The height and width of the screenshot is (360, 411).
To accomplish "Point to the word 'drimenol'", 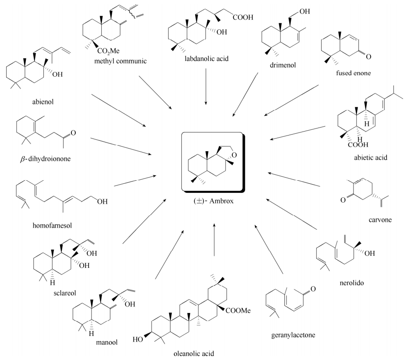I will [x=283, y=65].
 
